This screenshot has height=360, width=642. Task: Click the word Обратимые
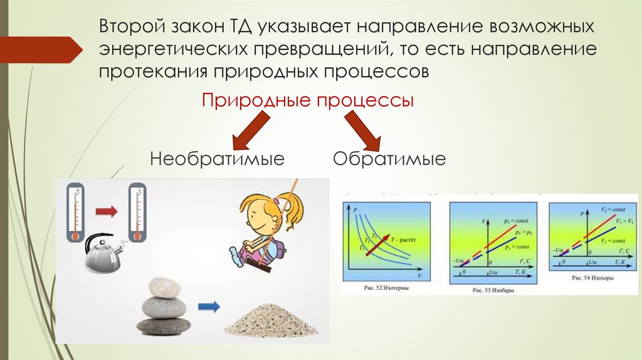pos(389,158)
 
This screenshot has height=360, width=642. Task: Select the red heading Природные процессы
pos(307,100)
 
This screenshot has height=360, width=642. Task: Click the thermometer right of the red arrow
pos(136,213)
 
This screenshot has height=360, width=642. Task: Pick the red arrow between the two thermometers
pos(107,212)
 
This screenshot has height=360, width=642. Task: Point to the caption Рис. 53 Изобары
pos(492,290)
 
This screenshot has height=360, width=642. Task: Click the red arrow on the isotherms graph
pos(379,243)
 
